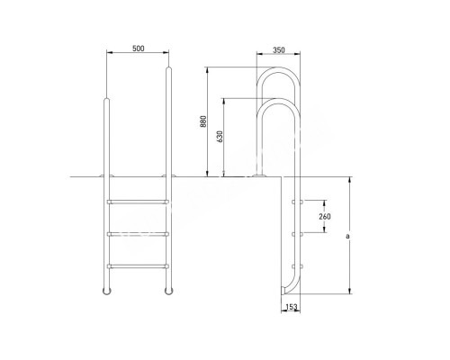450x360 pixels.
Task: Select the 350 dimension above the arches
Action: [x=279, y=50]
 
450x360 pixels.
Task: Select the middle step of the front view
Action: [x=137, y=235]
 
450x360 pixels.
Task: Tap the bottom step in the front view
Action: [x=137, y=266]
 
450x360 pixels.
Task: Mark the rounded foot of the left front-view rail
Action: [x=107, y=293]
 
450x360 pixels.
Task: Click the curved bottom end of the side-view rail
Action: [x=285, y=290]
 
